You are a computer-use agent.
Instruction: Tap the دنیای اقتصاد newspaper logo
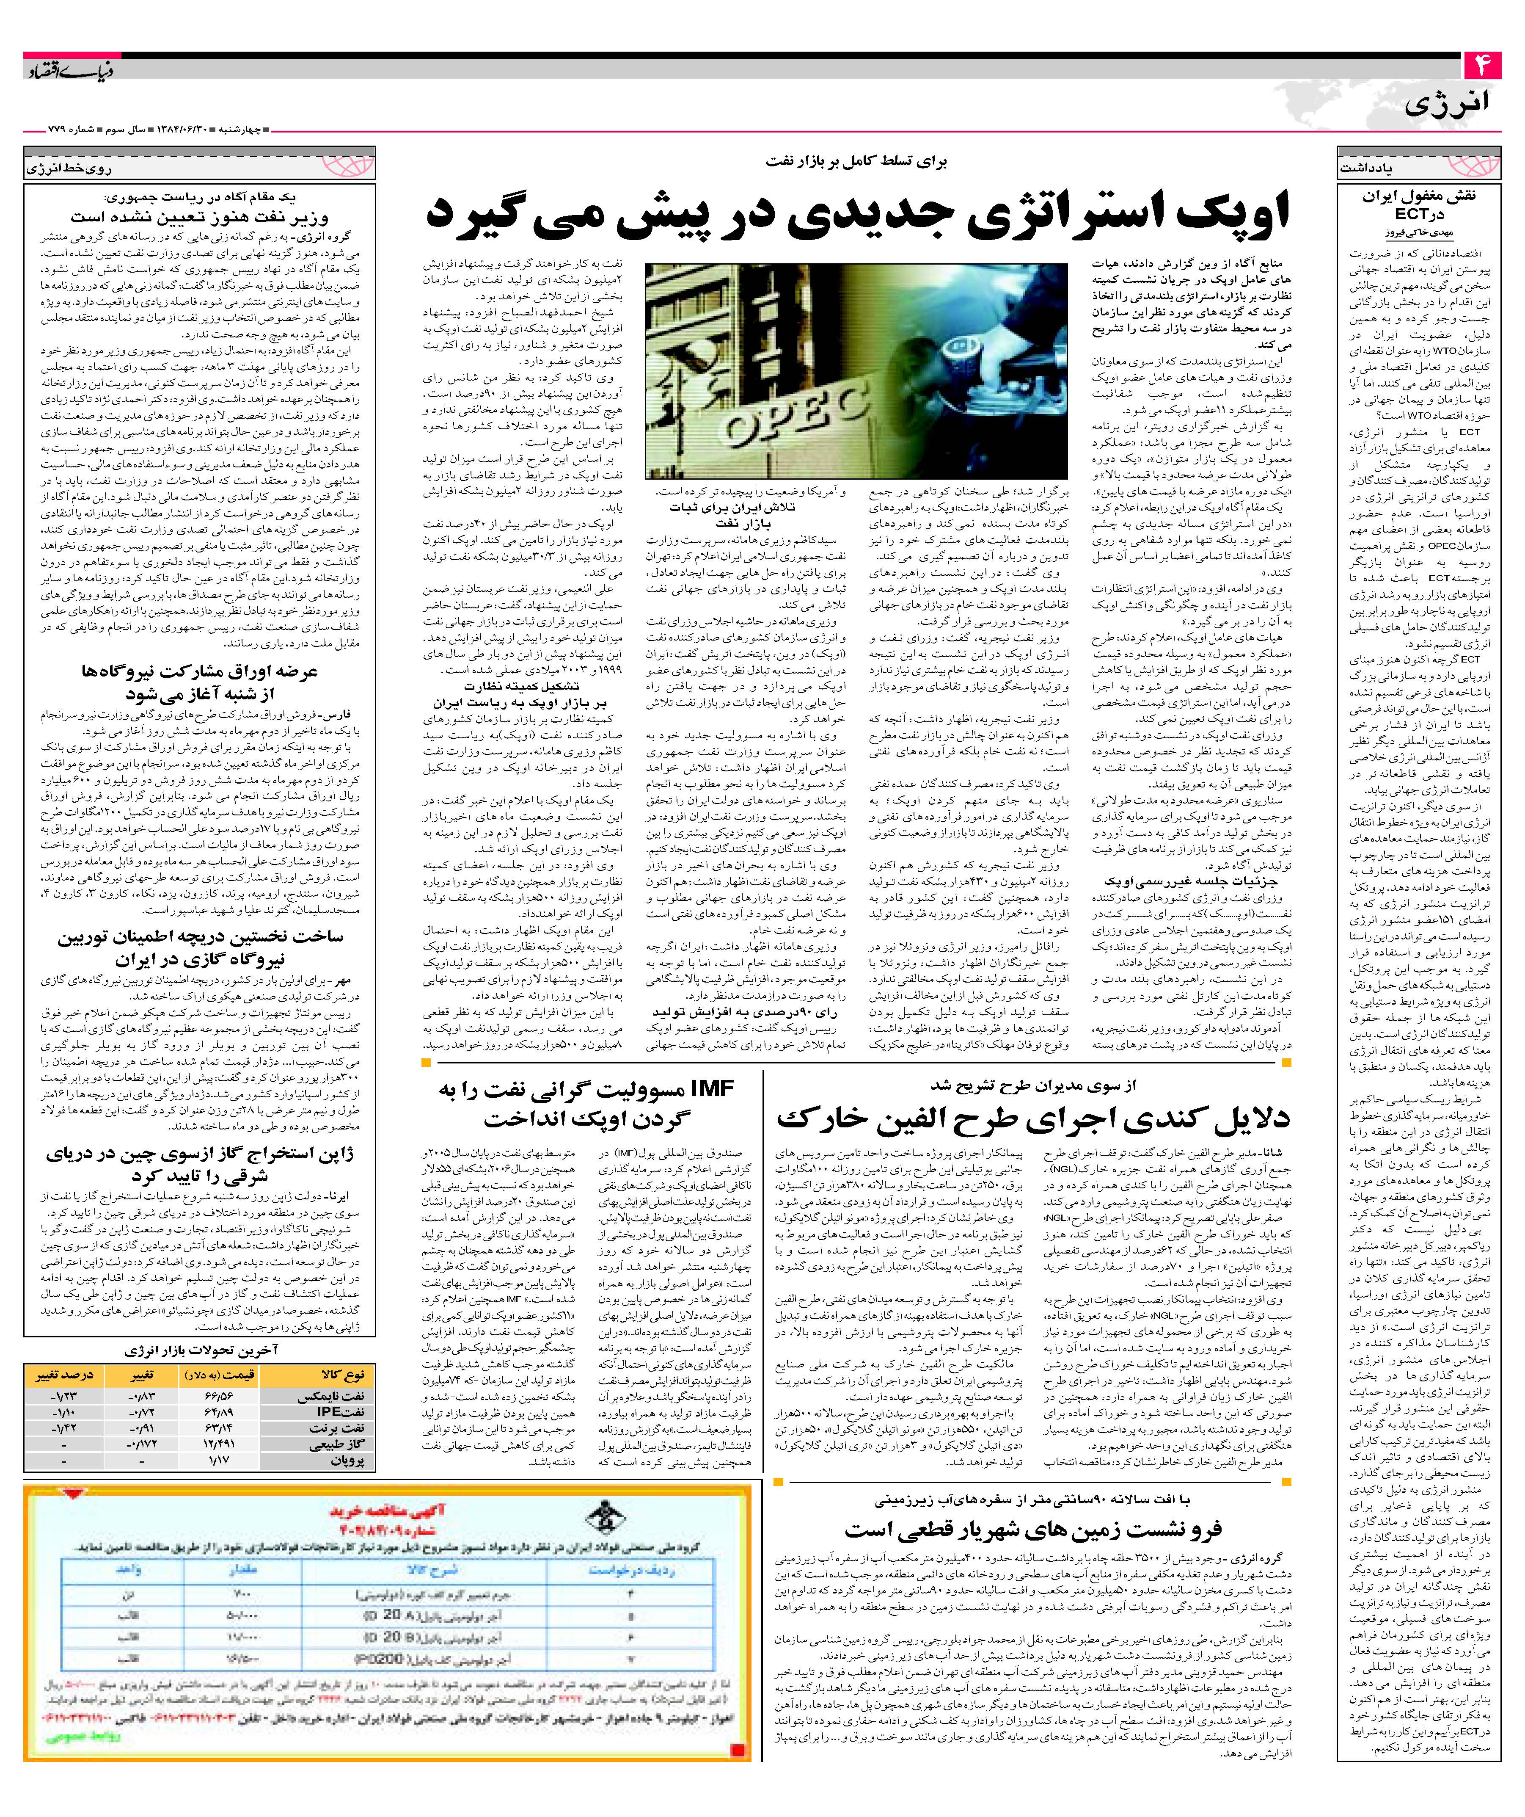coord(69,69)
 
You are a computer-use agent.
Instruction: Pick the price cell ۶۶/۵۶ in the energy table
coord(218,1397)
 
